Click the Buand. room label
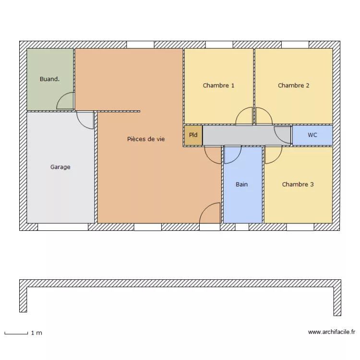click(49, 79)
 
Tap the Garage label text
click(60, 167)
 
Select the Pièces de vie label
click(146, 139)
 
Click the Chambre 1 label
click(218, 85)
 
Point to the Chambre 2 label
click(293, 85)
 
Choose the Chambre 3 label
click(298, 184)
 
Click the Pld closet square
click(193, 135)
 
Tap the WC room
click(312, 135)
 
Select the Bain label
click(242, 184)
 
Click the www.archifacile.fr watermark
click(331, 332)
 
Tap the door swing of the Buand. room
click(66, 101)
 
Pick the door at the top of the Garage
click(85, 120)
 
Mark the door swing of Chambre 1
click(245, 116)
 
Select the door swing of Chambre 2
click(263, 116)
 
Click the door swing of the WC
click(283, 134)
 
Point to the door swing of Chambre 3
click(273, 154)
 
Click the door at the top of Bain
click(232, 154)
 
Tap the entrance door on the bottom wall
click(210, 214)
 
